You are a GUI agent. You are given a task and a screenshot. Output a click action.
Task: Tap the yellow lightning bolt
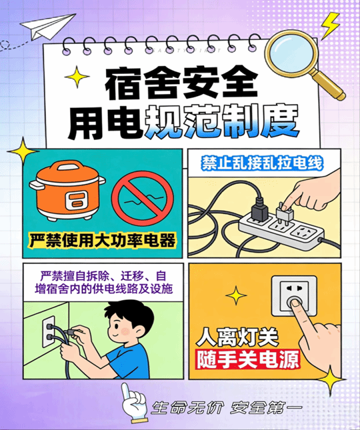tap(330, 25)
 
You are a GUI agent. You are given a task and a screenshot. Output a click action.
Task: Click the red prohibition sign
tap(143, 198)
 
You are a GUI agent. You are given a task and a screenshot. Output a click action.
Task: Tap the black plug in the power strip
tap(259, 210)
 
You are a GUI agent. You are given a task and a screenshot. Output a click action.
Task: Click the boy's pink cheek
tap(125, 331)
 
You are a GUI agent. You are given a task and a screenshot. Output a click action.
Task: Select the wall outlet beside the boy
tap(49, 331)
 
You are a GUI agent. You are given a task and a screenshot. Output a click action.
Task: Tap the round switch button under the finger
tap(294, 302)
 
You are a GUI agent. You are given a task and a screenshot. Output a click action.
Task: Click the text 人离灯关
tap(237, 336)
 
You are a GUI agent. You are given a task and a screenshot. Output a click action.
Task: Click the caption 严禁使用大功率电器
tap(103, 241)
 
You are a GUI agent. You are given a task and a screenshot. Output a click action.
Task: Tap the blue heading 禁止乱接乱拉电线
tap(263, 164)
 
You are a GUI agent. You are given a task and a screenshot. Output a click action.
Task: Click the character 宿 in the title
tap(125, 83)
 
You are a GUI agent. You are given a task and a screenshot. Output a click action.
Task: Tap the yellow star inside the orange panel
tap(236, 295)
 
